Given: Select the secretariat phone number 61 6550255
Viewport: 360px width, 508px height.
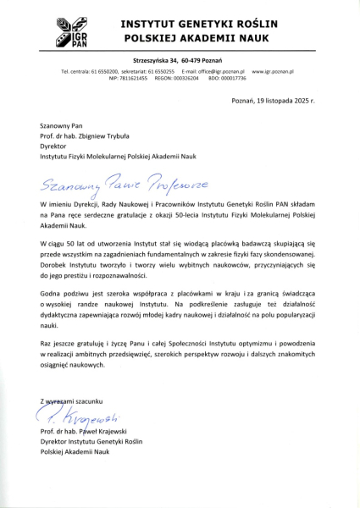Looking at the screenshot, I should pyautogui.click(x=156, y=71).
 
